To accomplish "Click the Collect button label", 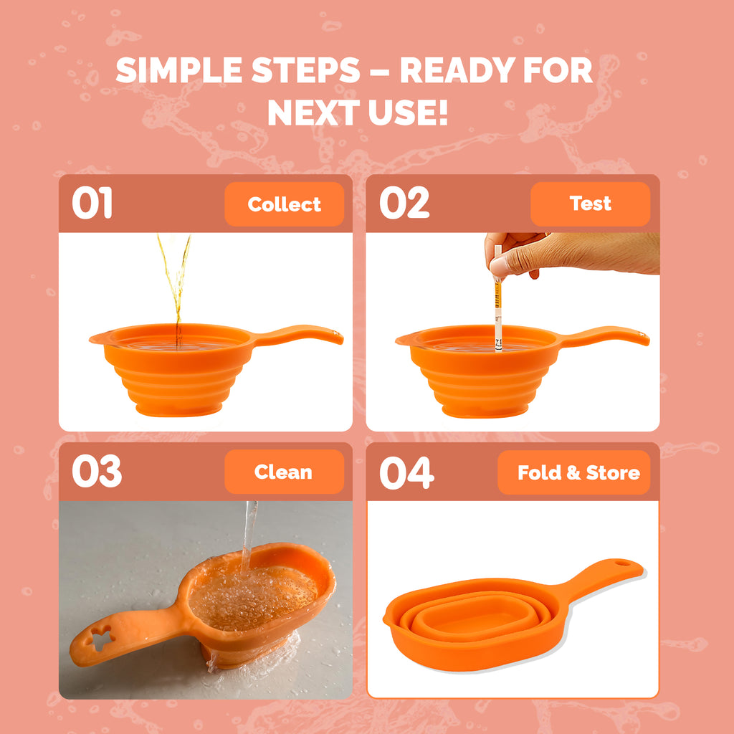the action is pyautogui.click(x=284, y=204).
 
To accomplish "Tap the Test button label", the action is pyautogui.click(x=591, y=204).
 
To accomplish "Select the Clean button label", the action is pyautogui.click(x=283, y=472).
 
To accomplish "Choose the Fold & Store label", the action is pyautogui.click(x=578, y=473).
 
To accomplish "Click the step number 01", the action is pyautogui.click(x=92, y=203).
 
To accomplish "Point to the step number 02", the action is pyautogui.click(x=404, y=203).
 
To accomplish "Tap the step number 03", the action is pyautogui.click(x=97, y=471).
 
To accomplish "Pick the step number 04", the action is pyautogui.click(x=407, y=473).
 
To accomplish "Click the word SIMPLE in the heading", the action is pyautogui.click(x=178, y=70).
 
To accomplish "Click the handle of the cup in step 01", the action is pyautogui.click(x=299, y=334).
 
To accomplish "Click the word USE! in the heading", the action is pyautogui.click(x=408, y=113).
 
